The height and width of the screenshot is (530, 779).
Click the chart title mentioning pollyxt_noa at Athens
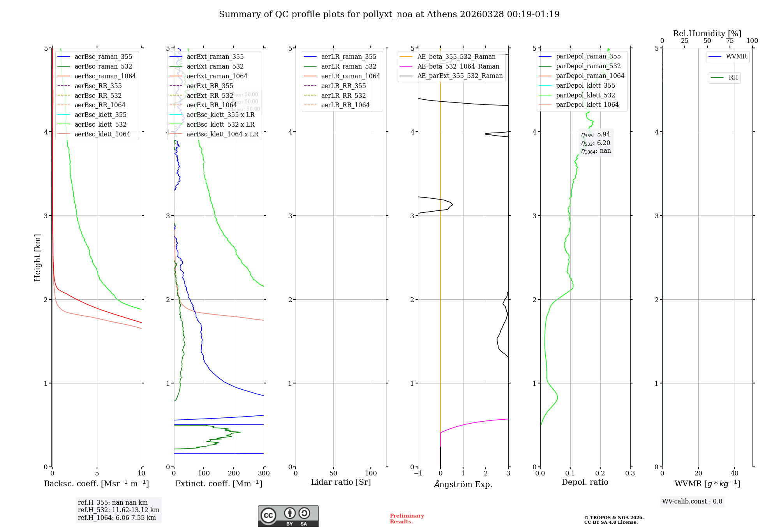click(x=389, y=14)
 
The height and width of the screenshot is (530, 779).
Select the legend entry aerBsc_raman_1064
click(x=105, y=76)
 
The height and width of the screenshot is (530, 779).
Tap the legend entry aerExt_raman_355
click(x=215, y=57)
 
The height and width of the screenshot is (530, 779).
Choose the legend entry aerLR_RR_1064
click(x=345, y=105)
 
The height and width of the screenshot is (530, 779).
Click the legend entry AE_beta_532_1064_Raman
click(x=458, y=66)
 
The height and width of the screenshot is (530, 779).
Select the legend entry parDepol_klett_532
click(x=585, y=95)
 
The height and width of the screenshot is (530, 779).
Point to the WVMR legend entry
click(x=736, y=57)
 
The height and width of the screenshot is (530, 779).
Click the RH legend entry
click(x=733, y=78)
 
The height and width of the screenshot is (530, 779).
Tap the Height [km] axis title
click(x=37, y=258)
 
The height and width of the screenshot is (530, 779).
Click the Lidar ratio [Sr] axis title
click(x=341, y=482)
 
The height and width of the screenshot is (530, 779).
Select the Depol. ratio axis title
click(x=585, y=482)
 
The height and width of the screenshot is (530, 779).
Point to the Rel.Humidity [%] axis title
click(x=707, y=34)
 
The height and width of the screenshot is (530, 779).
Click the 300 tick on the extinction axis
click(x=264, y=473)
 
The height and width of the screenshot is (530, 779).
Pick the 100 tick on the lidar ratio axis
click(x=371, y=473)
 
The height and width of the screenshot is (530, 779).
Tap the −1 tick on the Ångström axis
click(x=418, y=473)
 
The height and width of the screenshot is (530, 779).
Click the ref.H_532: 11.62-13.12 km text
click(x=118, y=510)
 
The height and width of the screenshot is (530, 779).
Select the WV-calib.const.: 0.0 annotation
click(x=692, y=502)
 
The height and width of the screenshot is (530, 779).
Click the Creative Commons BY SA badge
click(x=288, y=516)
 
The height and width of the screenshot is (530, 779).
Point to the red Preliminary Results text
click(x=407, y=519)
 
